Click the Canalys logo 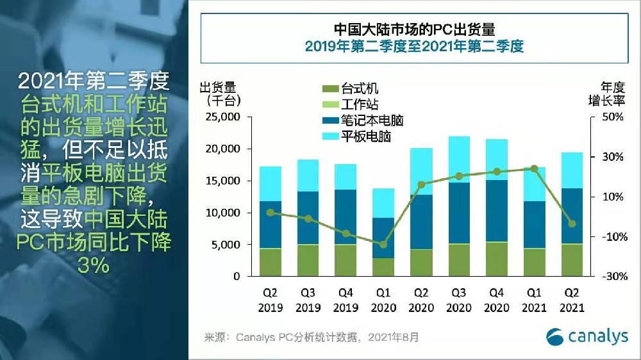point(587,336)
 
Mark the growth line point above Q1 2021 point(534,168)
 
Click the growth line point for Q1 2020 point(383,245)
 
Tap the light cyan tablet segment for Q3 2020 point(459,159)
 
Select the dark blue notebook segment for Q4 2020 point(497,211)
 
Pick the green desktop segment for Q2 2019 point(271,262)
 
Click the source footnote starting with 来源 point(311,337)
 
